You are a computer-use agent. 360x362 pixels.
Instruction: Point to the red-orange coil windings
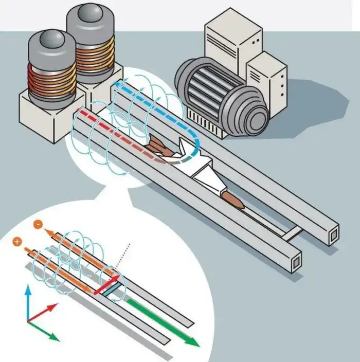[52, 82]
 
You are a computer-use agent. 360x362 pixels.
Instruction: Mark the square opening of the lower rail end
[297, 264]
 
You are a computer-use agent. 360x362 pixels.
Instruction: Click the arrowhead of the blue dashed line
[118, 83]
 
